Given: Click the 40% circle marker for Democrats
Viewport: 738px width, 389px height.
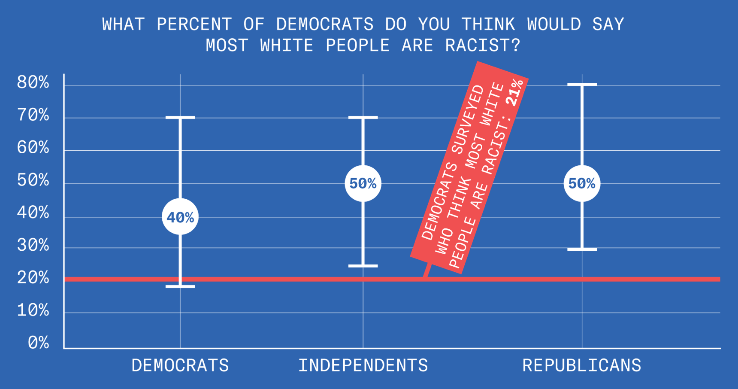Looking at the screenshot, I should (180, 217).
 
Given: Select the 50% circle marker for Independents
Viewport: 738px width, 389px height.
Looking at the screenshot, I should (363, 183).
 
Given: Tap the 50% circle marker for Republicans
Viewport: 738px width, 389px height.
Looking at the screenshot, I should (582, 183).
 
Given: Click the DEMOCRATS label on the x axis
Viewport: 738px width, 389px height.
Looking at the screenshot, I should (180, 365).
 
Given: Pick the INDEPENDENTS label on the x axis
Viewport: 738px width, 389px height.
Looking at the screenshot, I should (363, 365).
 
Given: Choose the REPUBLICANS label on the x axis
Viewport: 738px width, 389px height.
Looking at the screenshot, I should (582, 365).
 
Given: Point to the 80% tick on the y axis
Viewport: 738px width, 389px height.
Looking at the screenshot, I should (33, 82).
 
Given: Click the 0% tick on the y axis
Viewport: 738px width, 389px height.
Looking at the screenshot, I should (39, 343).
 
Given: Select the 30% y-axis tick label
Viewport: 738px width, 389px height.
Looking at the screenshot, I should (33, 246).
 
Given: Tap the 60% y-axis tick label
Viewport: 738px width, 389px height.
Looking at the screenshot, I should (33, 148).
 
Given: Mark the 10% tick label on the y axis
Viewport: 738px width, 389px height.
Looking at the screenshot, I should (33, 310).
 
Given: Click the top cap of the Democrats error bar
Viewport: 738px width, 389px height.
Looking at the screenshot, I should (180, 117).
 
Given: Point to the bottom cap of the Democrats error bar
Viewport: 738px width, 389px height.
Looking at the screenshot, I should (180, 286).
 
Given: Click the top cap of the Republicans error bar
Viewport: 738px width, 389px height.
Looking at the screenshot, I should (582, 85).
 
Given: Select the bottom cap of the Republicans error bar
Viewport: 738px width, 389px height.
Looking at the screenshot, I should (582, 249).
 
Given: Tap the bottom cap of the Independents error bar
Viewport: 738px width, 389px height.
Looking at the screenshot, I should (363, 266).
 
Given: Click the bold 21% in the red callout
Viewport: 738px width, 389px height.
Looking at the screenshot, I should (515, 92).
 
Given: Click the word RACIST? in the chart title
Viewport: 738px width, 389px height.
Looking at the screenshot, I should (483, 46).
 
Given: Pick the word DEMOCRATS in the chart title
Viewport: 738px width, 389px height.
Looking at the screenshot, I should (325, 24).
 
